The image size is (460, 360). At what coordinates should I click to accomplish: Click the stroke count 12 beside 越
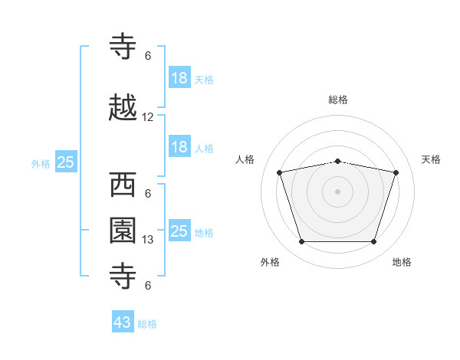point(148,117)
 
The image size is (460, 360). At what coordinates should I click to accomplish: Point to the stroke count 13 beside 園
point(148,240)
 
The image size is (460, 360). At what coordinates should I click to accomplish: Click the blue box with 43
point(123,322)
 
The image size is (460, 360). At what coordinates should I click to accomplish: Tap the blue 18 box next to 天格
point(179,78)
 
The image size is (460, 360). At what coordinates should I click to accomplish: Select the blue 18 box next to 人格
point(179,147)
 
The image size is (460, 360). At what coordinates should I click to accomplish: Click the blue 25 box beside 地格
point(179,231)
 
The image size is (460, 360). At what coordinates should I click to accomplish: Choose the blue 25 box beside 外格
point(65,162)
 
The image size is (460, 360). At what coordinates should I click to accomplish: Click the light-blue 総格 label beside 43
point(147,324)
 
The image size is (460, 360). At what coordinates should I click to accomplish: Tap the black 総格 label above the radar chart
point(338,100)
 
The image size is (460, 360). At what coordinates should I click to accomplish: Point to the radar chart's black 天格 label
point(432,159)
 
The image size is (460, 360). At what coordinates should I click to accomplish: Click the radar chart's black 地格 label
point(402,262)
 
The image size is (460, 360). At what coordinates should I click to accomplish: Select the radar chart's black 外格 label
point(270,262)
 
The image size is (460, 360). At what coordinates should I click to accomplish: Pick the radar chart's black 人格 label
point(245,159)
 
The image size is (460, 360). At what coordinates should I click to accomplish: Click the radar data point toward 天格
point(396,172)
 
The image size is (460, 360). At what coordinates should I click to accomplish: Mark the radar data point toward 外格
point(301,242)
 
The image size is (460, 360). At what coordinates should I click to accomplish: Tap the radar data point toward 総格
point(338,161)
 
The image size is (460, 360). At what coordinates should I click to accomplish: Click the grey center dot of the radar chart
point(338,191)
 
